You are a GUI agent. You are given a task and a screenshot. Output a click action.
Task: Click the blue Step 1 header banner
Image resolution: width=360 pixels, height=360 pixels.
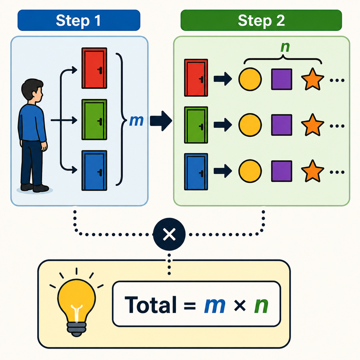click(x=79, y=20)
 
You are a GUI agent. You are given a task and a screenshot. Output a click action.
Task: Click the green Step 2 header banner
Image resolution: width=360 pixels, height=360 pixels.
click(x=261, y=20)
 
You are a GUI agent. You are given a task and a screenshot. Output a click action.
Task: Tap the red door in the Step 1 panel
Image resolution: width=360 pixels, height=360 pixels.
click(x=94, y=68)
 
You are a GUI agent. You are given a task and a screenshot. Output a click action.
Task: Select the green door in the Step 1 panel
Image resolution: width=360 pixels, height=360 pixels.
click(x=94, y=119)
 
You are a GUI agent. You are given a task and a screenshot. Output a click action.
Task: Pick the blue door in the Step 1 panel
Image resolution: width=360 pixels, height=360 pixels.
click(x=94, y=171)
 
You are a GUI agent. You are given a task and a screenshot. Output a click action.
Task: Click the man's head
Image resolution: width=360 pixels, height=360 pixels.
click(x=32, y=90)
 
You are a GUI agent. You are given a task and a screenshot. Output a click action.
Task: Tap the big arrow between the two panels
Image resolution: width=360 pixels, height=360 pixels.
click(x=161, y=121)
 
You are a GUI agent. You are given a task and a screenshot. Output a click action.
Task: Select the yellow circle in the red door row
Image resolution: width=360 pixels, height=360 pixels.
click(x=250, y=79)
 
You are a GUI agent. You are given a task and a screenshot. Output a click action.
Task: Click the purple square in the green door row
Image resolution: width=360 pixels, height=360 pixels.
click(x=282, y=125)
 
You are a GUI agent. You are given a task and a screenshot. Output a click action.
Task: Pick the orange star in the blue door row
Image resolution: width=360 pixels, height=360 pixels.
click(x=313, y=171)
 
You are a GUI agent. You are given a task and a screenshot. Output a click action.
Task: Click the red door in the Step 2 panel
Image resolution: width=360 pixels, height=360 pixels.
click(x=196, y=78)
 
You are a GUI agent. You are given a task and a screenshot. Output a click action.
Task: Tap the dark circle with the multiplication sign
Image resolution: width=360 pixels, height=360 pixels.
click(x=169, y=234)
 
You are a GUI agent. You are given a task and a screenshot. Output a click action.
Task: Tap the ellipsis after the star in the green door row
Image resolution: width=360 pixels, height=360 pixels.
click(x=337, y=126)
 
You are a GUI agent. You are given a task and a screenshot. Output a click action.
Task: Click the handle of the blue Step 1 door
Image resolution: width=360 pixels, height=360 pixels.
click(x=100, y=173)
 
